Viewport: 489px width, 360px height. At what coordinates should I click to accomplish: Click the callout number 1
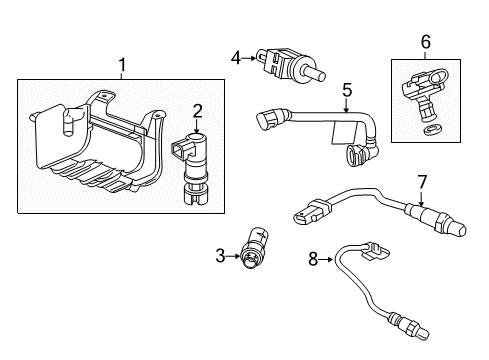pos(122,66)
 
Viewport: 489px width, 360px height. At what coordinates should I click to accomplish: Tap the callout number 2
pos(197,111)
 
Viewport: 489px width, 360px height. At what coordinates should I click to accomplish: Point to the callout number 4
pos(235,57)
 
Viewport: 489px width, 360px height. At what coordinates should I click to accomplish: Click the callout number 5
pos(346,91)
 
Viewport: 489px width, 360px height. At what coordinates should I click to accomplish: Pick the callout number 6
pos(425,43)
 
